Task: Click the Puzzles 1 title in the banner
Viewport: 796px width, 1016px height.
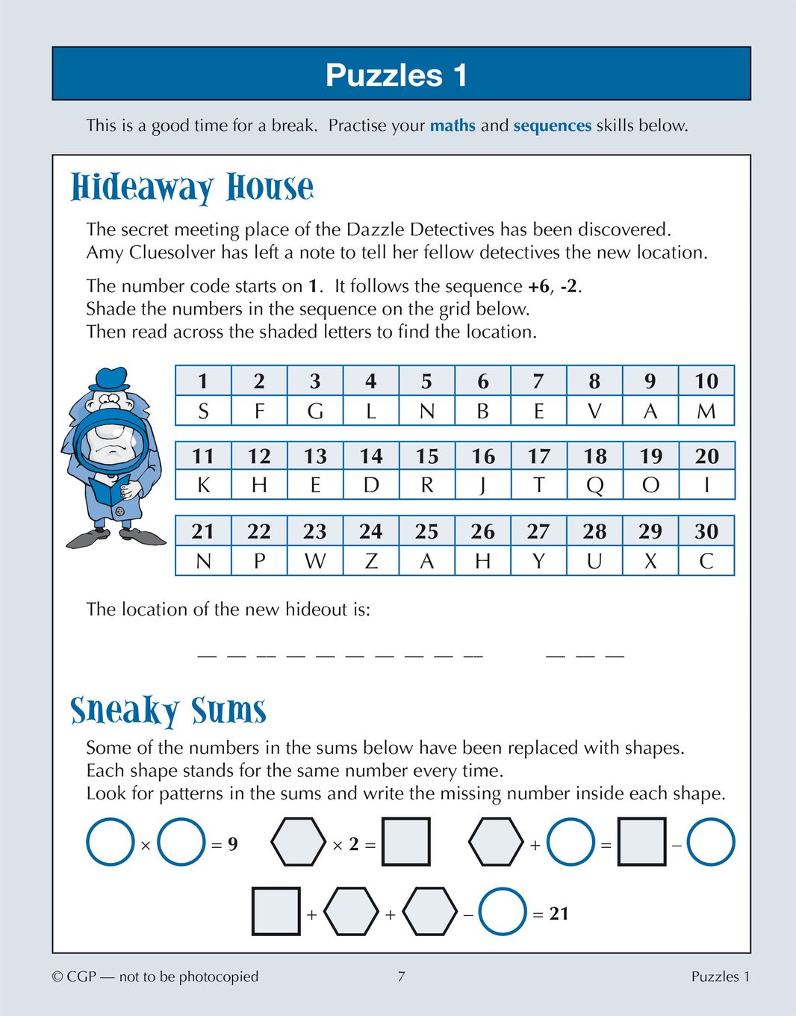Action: tap(397, 75)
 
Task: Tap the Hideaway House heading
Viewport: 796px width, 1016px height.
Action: tap(192, 188)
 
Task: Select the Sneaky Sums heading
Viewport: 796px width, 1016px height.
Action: tap(168, 710)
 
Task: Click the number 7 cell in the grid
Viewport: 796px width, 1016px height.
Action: tap(538, 381)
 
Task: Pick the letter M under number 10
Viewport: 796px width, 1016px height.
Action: tap(706, 411)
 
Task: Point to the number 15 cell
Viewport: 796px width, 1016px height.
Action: tap(426, 456)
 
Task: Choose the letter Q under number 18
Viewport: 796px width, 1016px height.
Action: tap(594, 486)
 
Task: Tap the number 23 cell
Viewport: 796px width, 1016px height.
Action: tap(314, 531)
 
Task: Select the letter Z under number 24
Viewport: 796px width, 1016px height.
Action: tap(370, 561)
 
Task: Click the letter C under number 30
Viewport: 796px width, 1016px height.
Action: tap(706, 561)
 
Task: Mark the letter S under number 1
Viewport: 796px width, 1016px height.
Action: tap(203, 411)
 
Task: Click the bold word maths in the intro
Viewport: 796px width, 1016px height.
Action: tap(453, 126)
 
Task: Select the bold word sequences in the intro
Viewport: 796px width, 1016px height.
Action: tap(552, 126)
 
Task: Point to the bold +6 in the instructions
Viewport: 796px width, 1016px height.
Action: tap(538, 286)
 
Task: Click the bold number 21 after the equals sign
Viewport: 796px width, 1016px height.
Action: tap(559, 913)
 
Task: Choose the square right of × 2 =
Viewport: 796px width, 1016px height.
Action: tap(405, 842)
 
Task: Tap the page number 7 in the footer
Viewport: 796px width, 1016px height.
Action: tap(401, 976)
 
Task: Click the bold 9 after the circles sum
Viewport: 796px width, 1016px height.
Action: tap(233, 844)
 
